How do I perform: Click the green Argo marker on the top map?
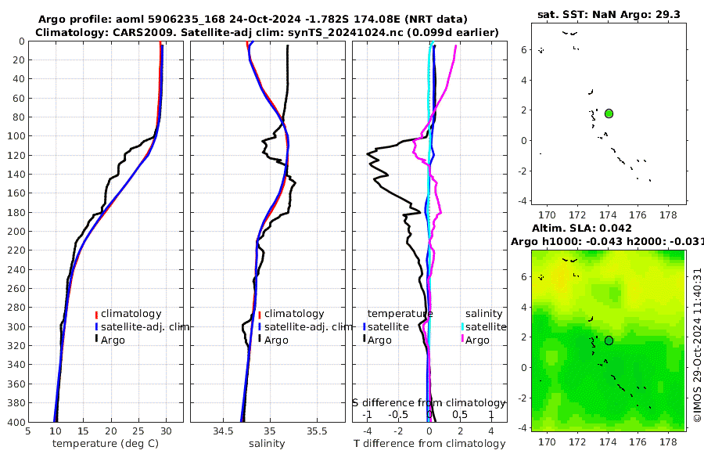tap(609, 113)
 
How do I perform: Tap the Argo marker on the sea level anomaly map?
tap(609, 340)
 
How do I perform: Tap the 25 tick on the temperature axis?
tap(138, 431)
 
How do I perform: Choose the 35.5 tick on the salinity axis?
tap(317, 431)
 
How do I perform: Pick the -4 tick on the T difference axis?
tap(366, 431)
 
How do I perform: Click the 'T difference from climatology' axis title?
tap(429, 444)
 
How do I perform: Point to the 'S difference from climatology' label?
tap(429, 402)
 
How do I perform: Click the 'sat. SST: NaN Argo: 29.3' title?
tap(609, 15)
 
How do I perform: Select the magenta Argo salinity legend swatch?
tap(462, 340)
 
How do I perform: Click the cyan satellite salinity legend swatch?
tap(462, 326)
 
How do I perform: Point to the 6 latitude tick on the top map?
tap(523, 49)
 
